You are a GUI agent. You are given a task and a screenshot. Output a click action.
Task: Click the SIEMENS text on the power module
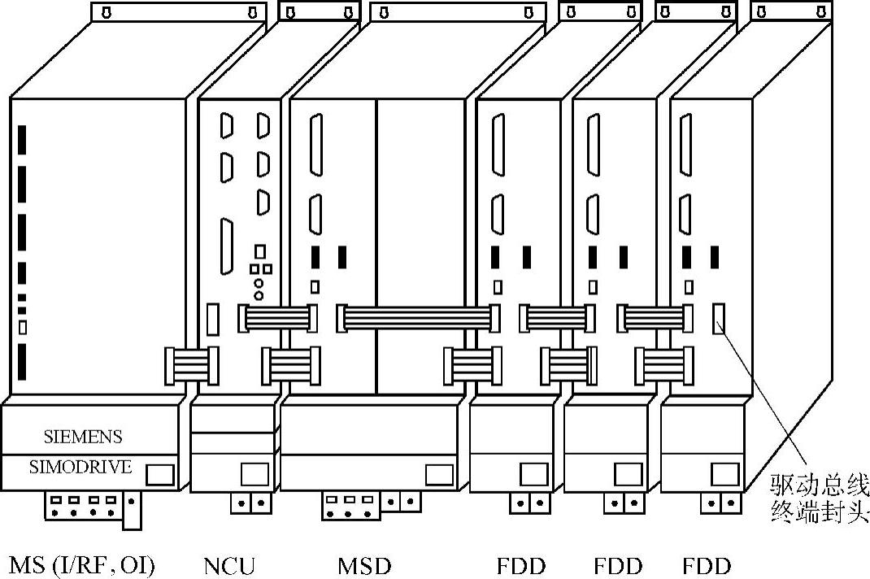coord(83,437)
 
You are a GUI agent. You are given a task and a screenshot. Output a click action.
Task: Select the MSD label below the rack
coord(364,565)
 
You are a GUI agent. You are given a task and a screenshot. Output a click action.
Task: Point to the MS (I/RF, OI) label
coord(82,565)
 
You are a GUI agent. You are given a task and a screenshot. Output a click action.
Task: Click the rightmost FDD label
coord(707,565)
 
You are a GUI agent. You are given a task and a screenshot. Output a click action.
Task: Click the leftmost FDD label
coord(521,565)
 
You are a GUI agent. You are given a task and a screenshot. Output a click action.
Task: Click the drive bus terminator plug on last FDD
coord(719,318)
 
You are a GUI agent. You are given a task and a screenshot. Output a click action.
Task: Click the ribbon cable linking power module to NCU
coord(192,364)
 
